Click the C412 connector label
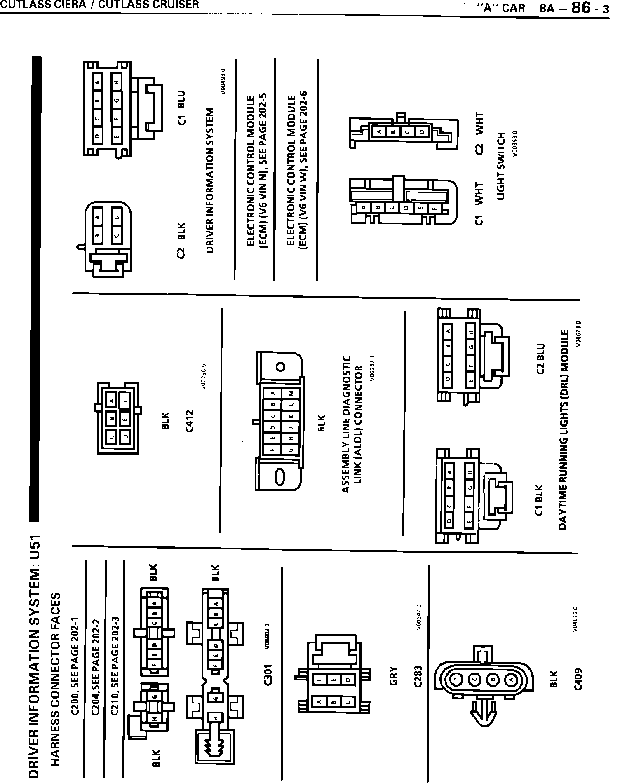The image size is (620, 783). (x=189, y=421)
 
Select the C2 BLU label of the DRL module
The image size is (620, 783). (x=540, y=359)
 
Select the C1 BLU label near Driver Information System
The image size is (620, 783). (x=182, y=107)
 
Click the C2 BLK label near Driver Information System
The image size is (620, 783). (x=182, y=240)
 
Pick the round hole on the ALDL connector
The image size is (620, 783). (x=280, y=367)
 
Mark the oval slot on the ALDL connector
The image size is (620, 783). (x=279, y=478)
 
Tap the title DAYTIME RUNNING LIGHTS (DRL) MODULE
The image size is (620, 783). (x=563, y=429)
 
